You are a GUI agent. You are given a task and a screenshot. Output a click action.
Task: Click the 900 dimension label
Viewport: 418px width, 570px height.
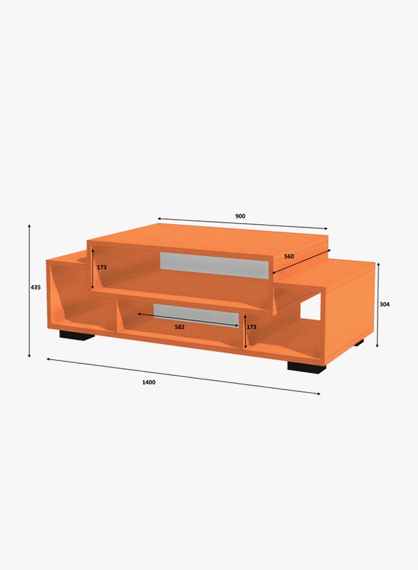tap(240, 216)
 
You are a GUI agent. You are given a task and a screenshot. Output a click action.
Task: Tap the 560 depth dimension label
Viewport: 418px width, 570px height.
tap(289, 256)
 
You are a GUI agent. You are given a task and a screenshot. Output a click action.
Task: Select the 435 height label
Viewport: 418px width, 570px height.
tap(35, 287)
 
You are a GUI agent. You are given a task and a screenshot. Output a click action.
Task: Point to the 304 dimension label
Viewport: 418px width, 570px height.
tap(384, 304)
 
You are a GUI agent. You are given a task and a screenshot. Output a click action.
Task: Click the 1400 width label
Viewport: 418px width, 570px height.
tap(149, 382)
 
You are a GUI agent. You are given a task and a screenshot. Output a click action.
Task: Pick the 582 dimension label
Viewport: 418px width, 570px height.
tap(180, 327)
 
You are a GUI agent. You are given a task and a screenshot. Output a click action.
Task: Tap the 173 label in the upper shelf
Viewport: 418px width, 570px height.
tap(102, 267)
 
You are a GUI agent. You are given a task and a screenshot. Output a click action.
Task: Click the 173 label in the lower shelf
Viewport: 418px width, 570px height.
tap(251, 327)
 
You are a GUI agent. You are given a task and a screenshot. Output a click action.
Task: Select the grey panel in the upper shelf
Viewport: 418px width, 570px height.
tap(214, 265)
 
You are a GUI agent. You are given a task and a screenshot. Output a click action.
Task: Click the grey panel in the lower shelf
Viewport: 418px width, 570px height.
tap(196, 315)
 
